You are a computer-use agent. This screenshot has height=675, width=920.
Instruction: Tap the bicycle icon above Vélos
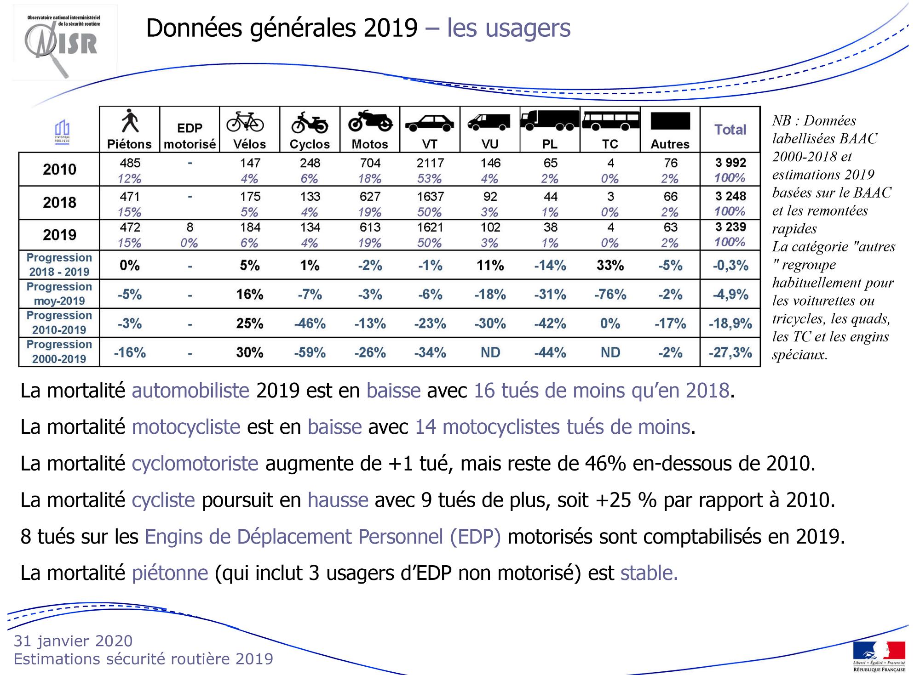point(245,122)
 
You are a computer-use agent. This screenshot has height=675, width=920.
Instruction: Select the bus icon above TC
point(610,120)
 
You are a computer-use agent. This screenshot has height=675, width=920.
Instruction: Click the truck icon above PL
point(550,120)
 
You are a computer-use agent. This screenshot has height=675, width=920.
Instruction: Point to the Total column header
point(730,130)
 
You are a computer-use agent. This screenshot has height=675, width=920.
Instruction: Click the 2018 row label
point(59,203)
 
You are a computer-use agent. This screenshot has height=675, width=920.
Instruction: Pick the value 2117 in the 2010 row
point(430,163)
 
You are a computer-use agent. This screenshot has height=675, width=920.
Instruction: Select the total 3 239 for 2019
point(730,227)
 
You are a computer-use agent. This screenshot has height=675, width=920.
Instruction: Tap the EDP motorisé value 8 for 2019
point(190,227)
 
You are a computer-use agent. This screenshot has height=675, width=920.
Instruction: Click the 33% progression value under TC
point(610,266)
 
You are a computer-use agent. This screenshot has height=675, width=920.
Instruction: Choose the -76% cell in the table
point(610,295)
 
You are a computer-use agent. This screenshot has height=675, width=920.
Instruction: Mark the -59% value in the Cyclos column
point(310,353)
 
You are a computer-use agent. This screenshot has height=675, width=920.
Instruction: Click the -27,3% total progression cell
point(730,353)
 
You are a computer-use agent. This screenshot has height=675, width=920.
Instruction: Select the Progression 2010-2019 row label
point(59,323)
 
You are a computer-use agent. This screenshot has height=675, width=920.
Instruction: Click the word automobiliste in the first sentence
point(190,391)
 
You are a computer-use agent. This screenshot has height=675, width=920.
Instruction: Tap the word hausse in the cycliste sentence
point(338,500)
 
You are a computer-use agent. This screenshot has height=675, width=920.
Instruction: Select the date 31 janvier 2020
point(73,641)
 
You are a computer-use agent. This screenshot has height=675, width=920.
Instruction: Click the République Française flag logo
point(879,656)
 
